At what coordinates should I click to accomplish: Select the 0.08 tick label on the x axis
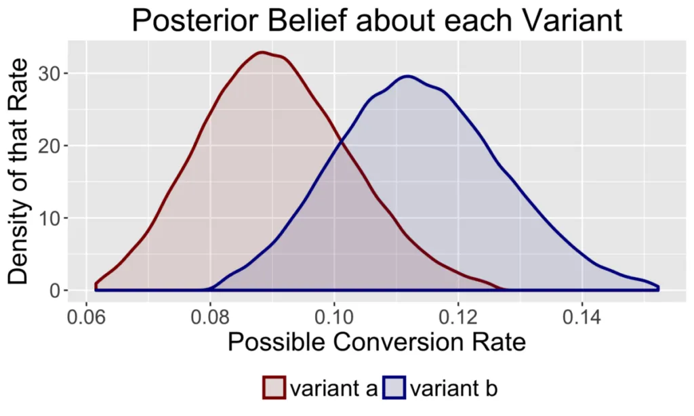tap(210, 317)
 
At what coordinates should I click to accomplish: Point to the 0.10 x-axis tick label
tap(334, 317)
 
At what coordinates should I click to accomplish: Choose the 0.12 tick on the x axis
tap(458, 317)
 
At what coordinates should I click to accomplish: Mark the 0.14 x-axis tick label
tap(582, 317)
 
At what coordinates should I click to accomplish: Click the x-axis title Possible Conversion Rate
tap(376, 342)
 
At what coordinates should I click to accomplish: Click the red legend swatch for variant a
tap(274, 389)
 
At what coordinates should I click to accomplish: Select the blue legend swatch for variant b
tap(395, 389)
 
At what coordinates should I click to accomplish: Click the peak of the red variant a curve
tap(263, 52)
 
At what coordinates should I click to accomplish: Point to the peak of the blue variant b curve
tap(407, 76)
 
